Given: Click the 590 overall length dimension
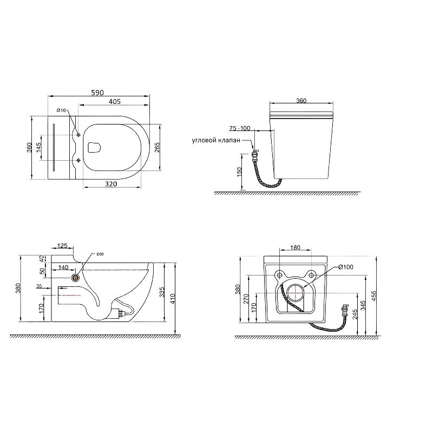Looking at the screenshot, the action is tap(97, 93).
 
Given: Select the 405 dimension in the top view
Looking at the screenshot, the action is tap(115, 101).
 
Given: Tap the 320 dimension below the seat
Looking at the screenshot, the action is tap(111, 184).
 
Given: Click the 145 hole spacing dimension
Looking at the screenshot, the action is tap(39, 147).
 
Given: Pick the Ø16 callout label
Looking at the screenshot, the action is tap(61, 110).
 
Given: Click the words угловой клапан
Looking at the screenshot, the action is tap(216, 140).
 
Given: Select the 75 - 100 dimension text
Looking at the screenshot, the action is tap(240, 128).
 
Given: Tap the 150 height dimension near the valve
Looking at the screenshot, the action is tap(239, 172).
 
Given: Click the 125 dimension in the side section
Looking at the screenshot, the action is tap(62, 246).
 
